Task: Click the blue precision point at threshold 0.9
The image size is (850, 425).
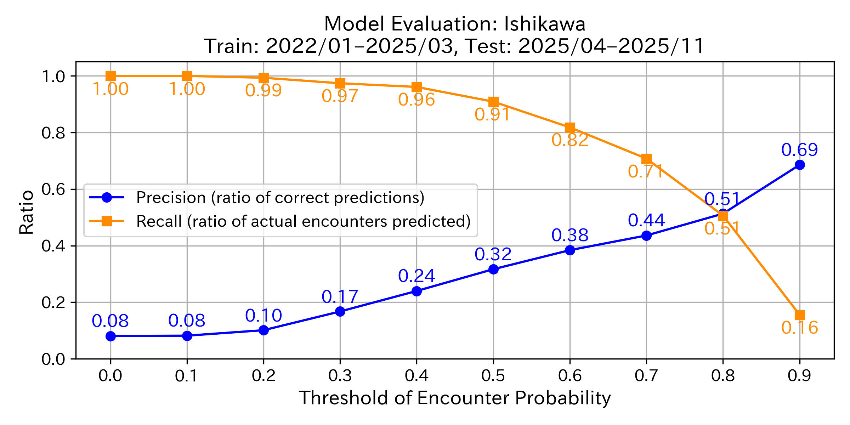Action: [x=799, y=165]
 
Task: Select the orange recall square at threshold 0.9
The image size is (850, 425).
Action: [x=799, y=315]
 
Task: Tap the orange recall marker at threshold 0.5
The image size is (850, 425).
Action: [x=493, y=102]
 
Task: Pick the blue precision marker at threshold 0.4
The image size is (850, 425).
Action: [x=416, y=291]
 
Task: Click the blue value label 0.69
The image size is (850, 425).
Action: [x=799, y=150]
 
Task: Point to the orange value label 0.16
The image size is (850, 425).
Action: [x=799, y=328]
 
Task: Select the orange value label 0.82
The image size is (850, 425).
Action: [x=569, y=140]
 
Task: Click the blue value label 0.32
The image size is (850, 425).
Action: [x=493, y=254]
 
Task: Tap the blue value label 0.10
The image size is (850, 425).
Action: [x=263, y=316]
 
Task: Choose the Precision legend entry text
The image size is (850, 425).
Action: [x=280, y=198]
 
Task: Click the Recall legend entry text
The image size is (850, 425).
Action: [x=303, y=221]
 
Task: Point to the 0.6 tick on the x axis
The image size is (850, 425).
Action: [x=569, y=375]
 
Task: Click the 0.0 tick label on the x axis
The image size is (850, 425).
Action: [x=110, y=375]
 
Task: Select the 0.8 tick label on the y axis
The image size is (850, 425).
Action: [x=53, y=133]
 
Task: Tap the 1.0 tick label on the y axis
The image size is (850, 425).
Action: [x=53, y=76]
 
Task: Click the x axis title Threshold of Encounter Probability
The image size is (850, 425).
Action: [x=455, y=398]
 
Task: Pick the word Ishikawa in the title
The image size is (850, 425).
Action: [x=544, y=24]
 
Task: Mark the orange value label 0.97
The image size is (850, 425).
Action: [x=340, y=96]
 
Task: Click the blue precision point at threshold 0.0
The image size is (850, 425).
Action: [x=110, y=336]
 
